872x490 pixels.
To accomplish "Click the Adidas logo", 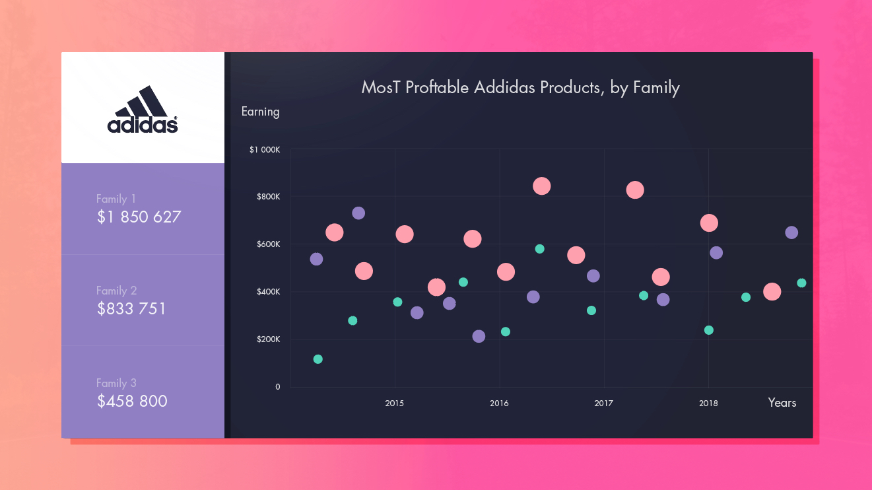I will pos(143,110).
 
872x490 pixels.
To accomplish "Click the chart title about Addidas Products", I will pos(520,87).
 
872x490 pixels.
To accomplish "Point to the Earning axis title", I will pos(260,112).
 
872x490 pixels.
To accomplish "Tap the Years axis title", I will pos(782,403).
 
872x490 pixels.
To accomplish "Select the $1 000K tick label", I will pos(265,150).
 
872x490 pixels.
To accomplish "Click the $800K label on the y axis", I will pos(269,197).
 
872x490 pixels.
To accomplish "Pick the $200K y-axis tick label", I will pos(269,339).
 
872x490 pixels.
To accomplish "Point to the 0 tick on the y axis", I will pos(278,387).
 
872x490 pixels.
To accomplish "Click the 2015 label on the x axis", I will pos(395,403).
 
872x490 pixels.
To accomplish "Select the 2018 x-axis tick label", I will pos(708,403).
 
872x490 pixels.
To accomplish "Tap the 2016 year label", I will pos(499,403).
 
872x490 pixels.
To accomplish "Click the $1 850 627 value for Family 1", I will pos(139,217).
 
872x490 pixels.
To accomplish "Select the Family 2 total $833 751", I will pos(131,308).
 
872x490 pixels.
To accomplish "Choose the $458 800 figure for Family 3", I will pos(132,401).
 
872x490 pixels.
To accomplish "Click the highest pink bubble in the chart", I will pos(541,186).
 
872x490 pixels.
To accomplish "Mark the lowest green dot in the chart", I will pos(318,359).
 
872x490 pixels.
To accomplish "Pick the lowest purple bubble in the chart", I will pos(479,336).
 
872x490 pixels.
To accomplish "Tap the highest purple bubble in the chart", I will pos(358,213).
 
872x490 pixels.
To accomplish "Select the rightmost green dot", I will pos(801,283).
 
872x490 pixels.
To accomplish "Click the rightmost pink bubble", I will pos(772,291).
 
